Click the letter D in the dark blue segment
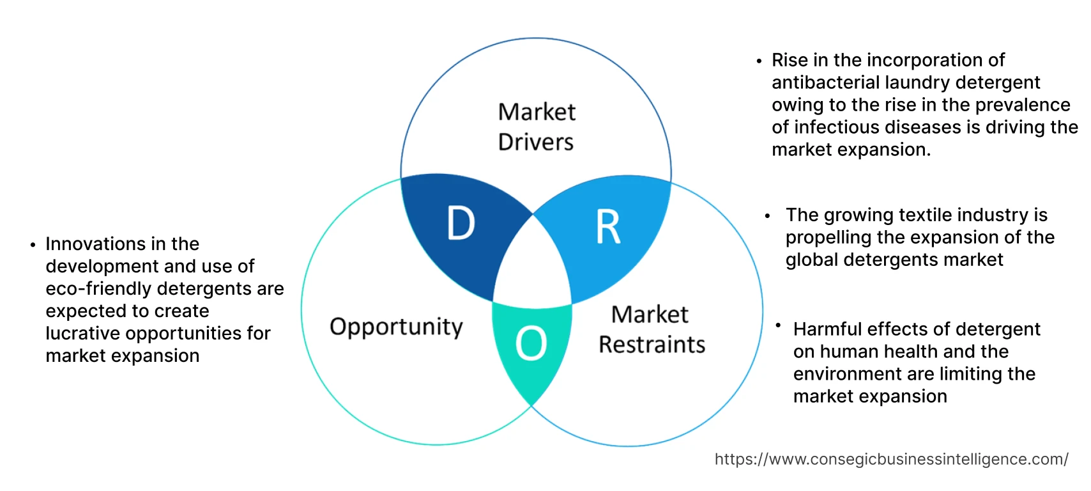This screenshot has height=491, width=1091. (461, 223)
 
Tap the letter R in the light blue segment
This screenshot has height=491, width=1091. (607, 227)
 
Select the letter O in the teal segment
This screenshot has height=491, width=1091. (531, 343)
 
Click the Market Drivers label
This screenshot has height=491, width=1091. (537, 127)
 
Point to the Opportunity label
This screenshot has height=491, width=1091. (396, 327)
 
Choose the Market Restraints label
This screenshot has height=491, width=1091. (652, 329)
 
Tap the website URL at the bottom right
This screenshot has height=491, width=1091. (891, 459)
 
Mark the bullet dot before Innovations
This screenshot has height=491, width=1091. (33, 245)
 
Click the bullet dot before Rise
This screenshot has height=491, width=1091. (759, 61)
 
